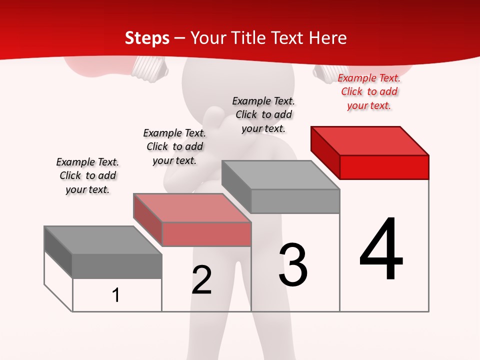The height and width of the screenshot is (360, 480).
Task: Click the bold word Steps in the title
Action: point(147,38)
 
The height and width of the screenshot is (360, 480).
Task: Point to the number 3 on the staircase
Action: point(292,264)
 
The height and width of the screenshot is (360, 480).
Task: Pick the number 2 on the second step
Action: point(201,280)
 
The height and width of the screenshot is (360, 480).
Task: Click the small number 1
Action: point(116,295)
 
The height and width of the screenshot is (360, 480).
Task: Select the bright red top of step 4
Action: point(370,140)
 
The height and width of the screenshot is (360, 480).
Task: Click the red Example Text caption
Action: point(369,91)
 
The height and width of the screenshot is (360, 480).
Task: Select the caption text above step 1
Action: point(87,175)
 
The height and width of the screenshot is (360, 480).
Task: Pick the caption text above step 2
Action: point(174,146)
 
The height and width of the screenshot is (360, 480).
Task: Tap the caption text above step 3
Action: point(263,114)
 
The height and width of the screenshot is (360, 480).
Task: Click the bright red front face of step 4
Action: point(384,167)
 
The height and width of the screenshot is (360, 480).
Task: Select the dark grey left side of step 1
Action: point(58,251)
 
